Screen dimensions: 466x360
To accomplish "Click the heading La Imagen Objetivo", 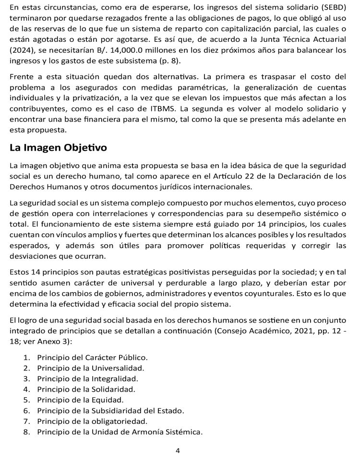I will tap(58, 148).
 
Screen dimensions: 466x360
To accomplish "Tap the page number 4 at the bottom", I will tap(178, 451).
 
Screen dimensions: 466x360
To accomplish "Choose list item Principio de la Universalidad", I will tap(90, 368).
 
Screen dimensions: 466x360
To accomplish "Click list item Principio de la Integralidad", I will tap(87, 379).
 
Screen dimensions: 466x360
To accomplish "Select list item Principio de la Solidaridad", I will tap(86, 389).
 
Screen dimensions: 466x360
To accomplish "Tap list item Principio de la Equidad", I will tap(80, 400).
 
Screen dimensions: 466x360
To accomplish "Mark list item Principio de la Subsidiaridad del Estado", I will tap(110, 410).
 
